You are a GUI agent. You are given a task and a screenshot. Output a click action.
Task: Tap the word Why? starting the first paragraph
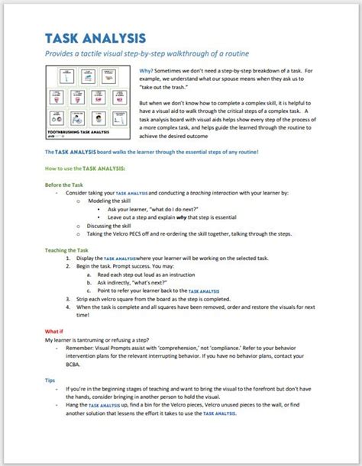(147, 69)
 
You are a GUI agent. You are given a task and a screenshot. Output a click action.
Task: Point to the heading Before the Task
(65, 185)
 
